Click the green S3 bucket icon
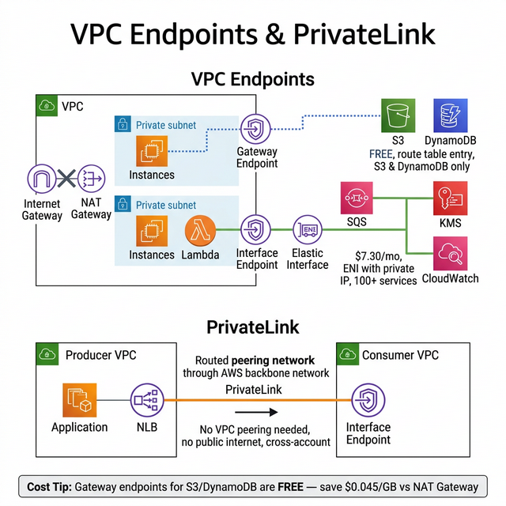[398, 116]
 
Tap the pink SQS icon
[357, 197]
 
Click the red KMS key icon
[449, 197]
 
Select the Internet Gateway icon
[42, 179]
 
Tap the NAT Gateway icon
[91, 179]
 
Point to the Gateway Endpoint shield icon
[256, 129]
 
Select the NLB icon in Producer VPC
[145, 399]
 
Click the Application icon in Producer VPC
[79, 399]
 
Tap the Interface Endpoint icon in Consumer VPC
[368, 399]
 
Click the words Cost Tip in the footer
[51, 486]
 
